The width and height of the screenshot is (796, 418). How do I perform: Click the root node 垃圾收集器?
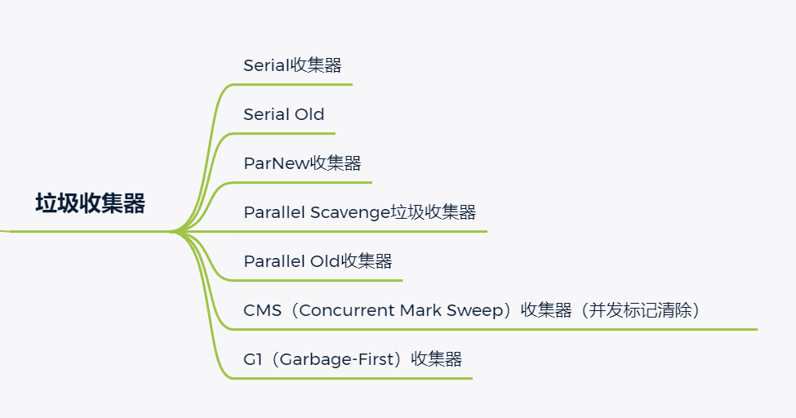pos(90,204)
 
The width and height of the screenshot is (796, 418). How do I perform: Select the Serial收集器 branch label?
pos(292,65)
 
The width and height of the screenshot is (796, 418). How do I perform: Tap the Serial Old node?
pos(283,114)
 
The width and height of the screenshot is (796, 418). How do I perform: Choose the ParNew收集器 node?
pos(302,163)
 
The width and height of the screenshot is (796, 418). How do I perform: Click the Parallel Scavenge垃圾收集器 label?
pos(359,212)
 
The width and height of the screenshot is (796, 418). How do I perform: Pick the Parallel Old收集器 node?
pos(318,261)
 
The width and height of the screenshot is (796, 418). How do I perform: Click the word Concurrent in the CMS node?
pos(349,310)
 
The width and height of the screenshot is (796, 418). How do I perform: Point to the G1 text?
pos(251,359)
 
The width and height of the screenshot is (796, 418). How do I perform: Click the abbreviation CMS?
pos(262,310)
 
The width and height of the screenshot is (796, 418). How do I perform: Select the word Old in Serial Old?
pos(309,114)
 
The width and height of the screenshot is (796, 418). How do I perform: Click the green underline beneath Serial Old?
pos(286,133)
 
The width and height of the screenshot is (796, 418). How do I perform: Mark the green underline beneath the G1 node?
pos(351,378)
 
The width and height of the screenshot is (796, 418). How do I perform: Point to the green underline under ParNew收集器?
pos(302,182)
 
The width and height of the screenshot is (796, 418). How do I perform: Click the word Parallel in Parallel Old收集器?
pos(274,261)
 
